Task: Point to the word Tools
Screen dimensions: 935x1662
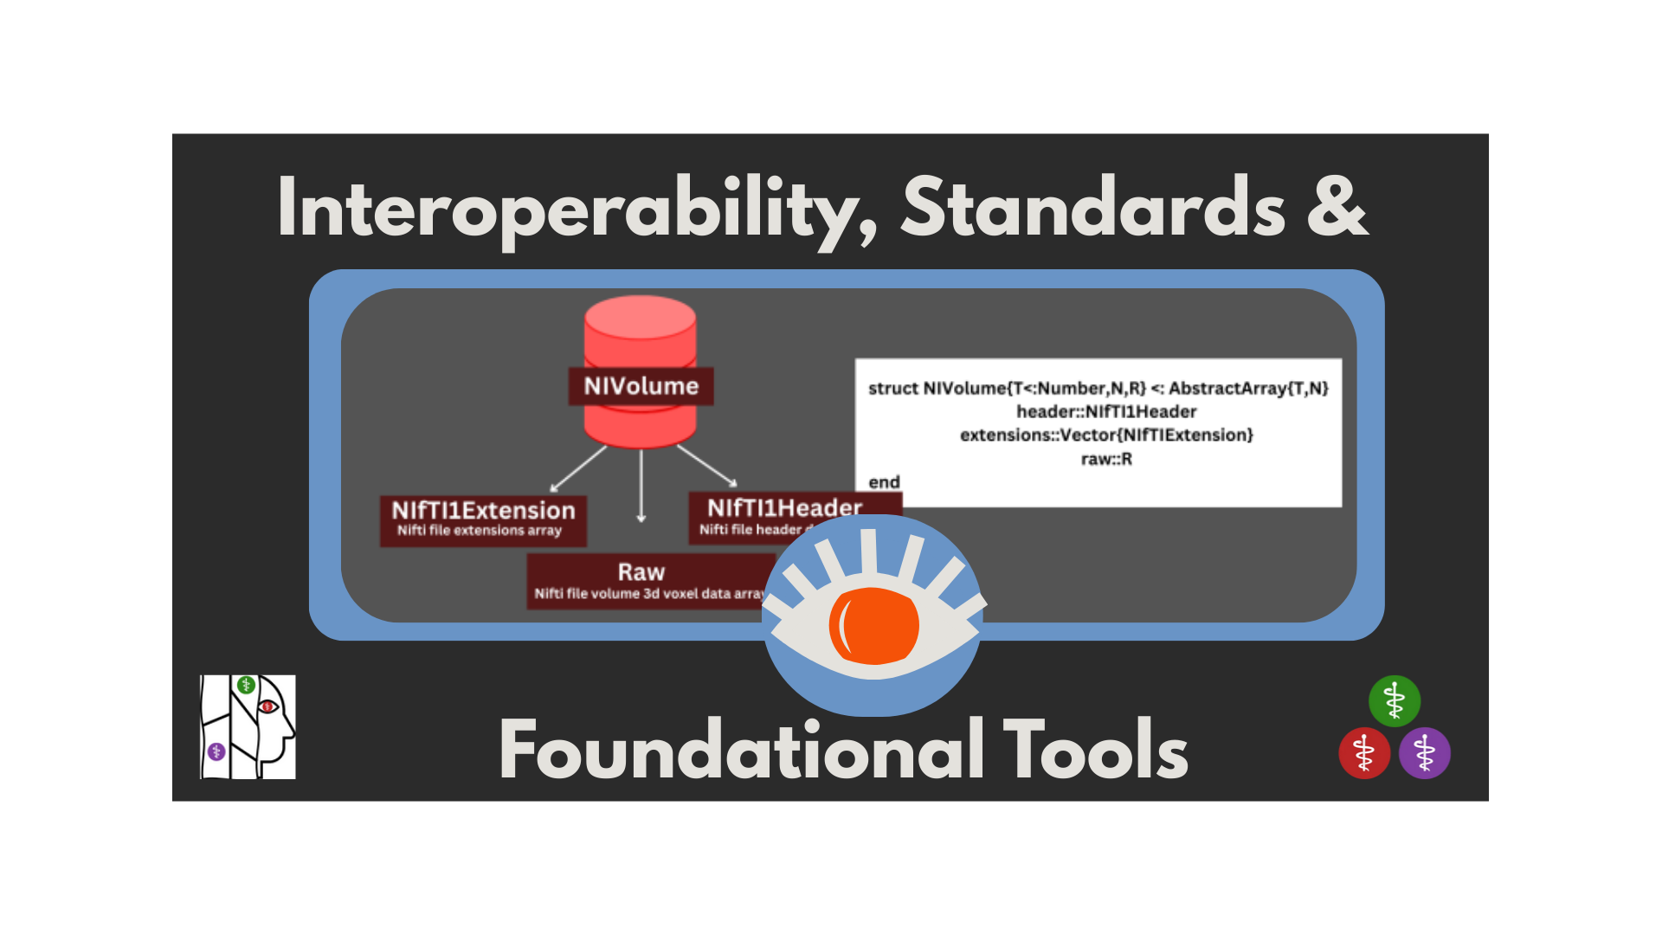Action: click(1095, 750)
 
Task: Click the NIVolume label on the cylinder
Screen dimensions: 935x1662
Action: click(641, 386)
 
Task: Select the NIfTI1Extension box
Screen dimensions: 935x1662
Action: click(483, 519)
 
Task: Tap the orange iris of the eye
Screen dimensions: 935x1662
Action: click(874, 625)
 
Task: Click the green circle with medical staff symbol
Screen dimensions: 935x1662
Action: click(1394, 700)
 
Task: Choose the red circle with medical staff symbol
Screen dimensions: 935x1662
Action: click(1364, 753)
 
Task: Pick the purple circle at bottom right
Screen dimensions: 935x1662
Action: click(1425, 753)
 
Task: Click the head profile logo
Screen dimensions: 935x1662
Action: click(248, 727)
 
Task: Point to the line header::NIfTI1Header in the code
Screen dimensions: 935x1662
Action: click(1106, 412)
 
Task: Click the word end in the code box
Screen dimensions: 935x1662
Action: click(884, 482)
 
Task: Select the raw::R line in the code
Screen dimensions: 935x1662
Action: click(1106, 460)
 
